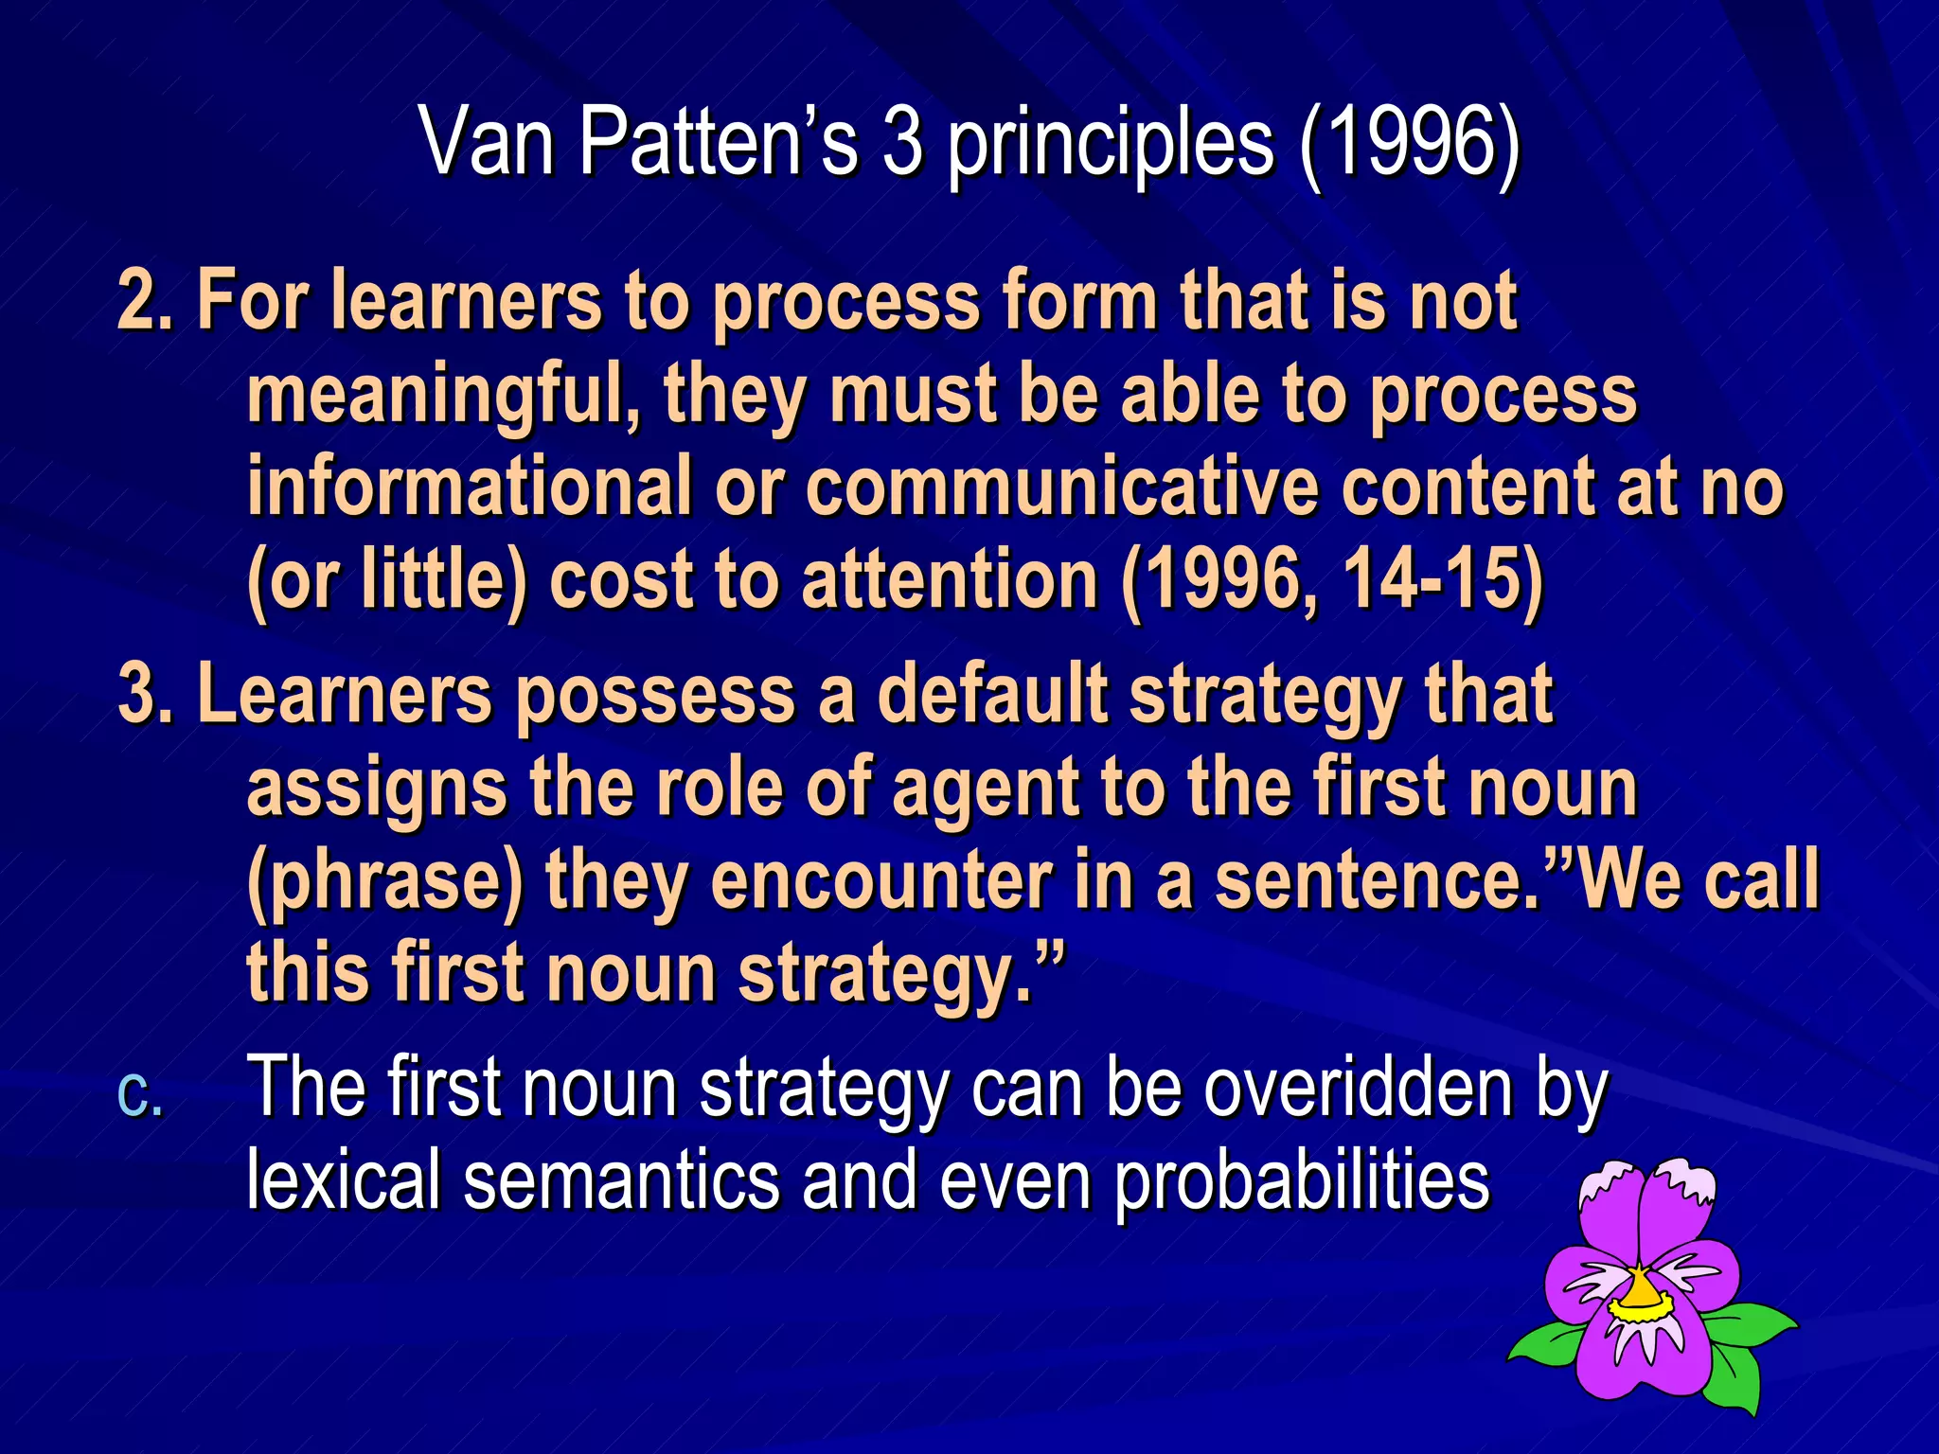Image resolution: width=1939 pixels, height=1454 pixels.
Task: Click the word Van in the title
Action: pyautogui.click(x=487, y=142)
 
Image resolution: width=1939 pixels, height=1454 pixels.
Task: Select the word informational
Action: pyautogui.click(x=469, y=487)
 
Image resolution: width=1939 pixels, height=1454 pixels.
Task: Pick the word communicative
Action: pyautogui.click(x=1061, y=487)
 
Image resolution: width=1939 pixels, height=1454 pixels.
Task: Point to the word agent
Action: pyautogui.click(x=985, y=789)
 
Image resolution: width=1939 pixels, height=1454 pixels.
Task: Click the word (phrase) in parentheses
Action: pyautogui.click(x=384, y=880)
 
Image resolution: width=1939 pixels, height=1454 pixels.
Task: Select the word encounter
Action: pyautogui.click(x=881, y=880)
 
